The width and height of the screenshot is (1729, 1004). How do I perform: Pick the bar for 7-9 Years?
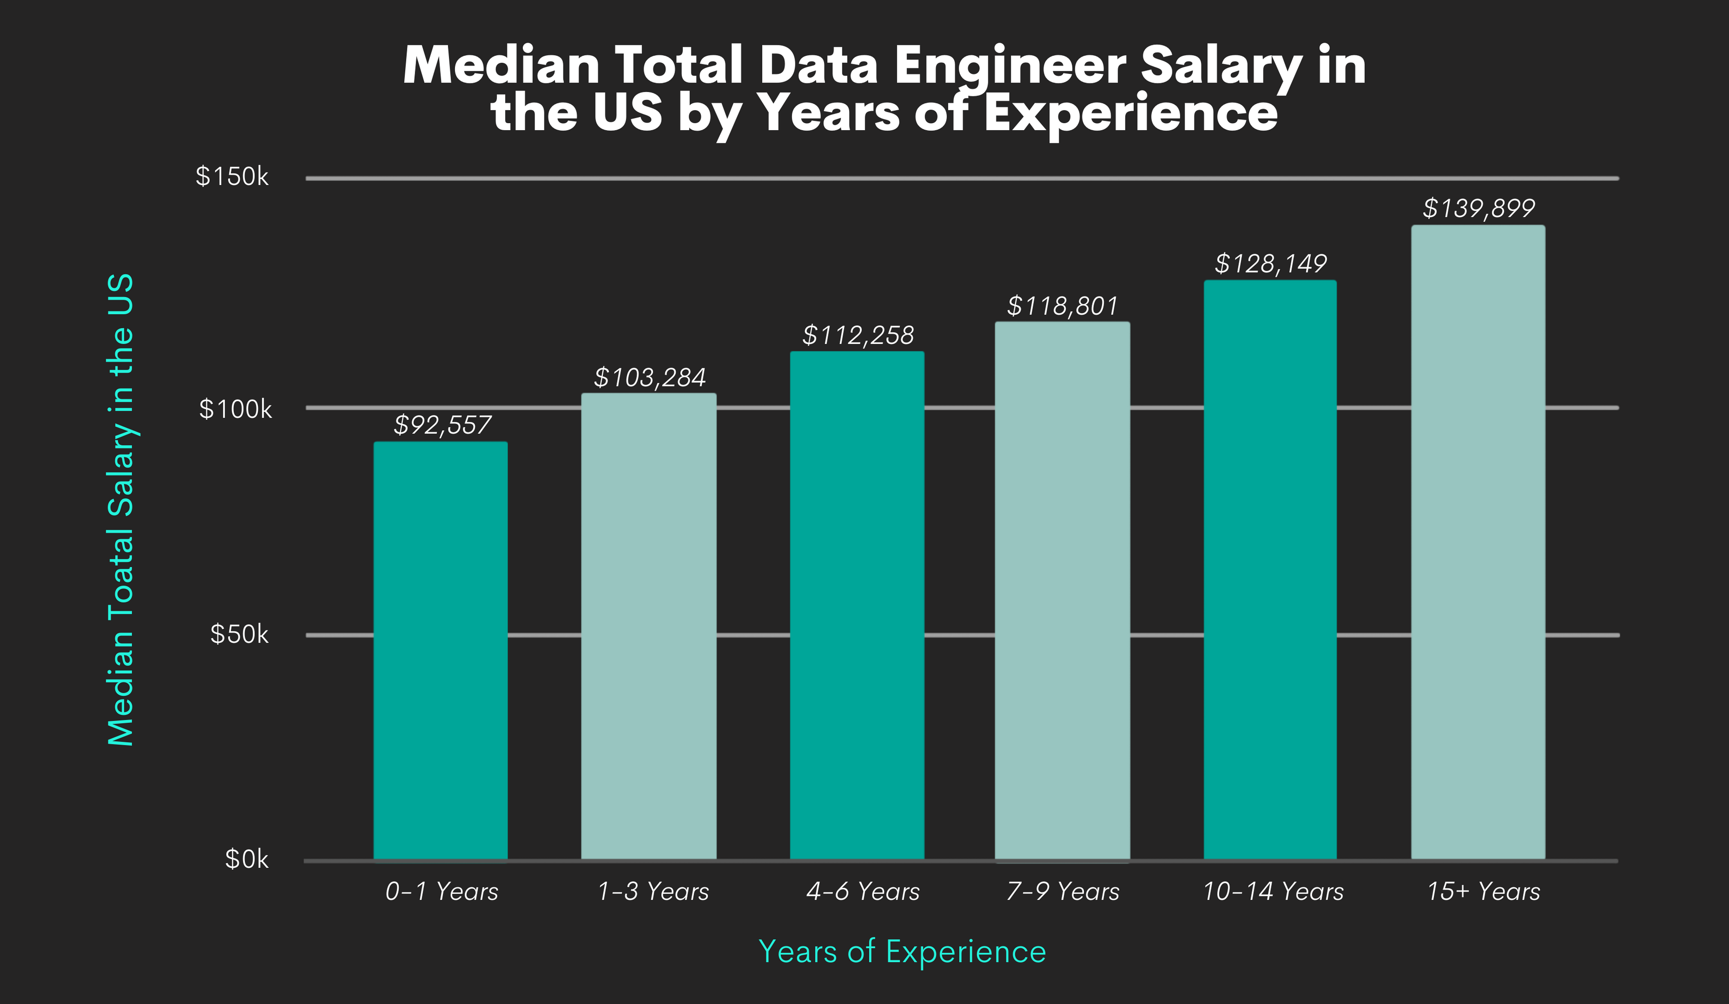tap(1062, 590)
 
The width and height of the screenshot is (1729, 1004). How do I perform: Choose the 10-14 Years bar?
tap(1270, 570)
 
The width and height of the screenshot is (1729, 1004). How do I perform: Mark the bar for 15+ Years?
tap(1478, 542)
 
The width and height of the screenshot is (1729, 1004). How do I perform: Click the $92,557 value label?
tap(442, 425)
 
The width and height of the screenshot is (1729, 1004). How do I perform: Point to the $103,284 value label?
tap(649, 378)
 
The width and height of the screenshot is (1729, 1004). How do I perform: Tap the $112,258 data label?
tap(858, 335)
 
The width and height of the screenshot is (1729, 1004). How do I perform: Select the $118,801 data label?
tap(1062, 306)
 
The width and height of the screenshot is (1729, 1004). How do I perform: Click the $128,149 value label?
tap(1270, 263)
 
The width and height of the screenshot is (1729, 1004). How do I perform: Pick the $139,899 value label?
tap(1479, 208)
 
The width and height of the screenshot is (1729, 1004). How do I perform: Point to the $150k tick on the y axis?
tap(232, 177)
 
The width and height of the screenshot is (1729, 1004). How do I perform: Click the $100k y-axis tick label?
tap(235, 410)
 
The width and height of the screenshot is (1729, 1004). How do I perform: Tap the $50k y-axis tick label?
tap(239, 634)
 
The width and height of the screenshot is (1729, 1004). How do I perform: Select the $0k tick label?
tap(246, 859)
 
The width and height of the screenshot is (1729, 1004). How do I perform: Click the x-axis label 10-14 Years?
tap(1272, 891)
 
